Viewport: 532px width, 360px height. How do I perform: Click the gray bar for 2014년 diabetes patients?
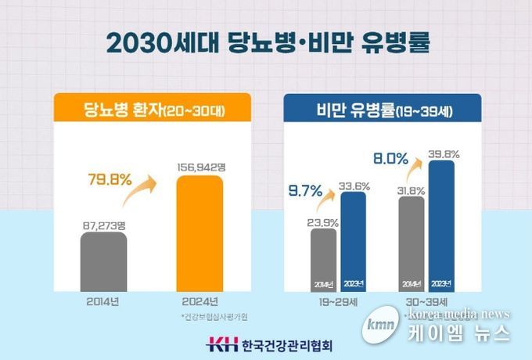[103, 261]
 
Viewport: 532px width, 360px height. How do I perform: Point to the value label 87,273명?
[103, 224]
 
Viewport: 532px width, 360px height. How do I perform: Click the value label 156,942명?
[199, 167]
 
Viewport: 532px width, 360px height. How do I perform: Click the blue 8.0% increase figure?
[391, 159]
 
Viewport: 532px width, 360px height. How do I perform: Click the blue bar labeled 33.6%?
[353, 242]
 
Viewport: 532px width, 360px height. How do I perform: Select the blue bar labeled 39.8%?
[442, 226]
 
